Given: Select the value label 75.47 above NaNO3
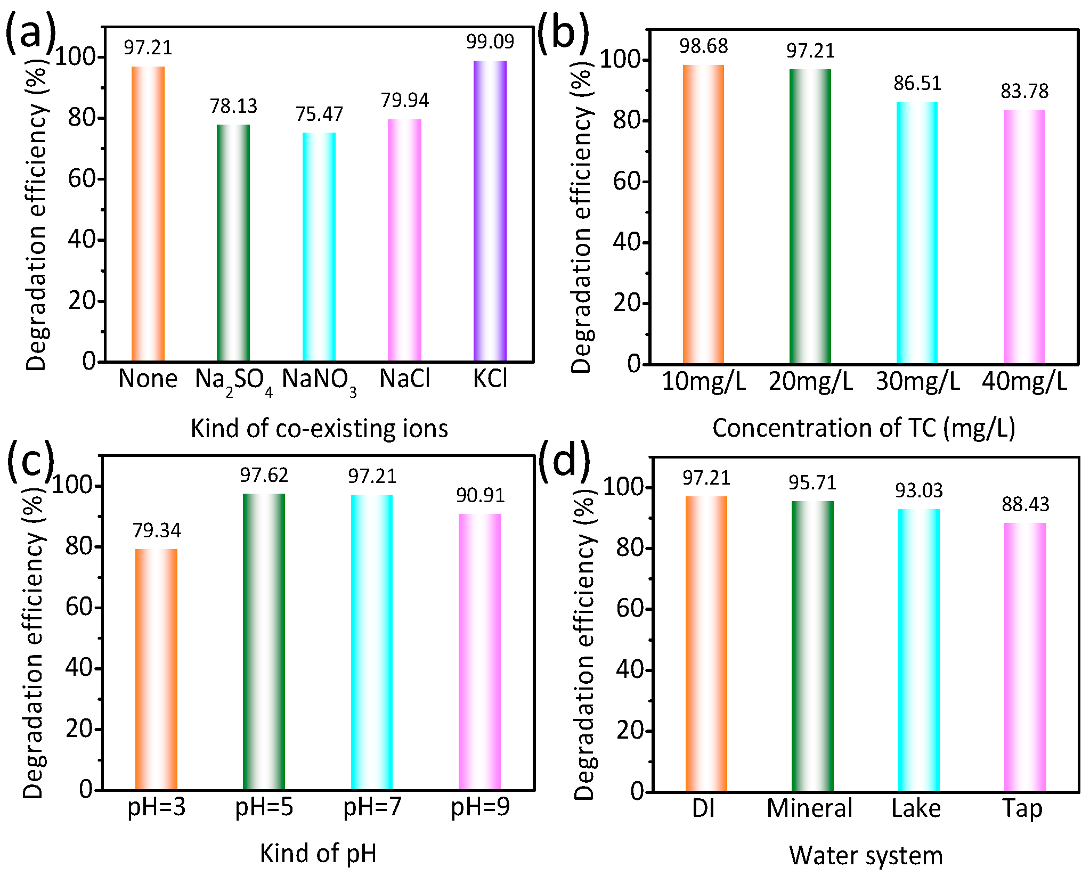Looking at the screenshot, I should click(x=319, y=114).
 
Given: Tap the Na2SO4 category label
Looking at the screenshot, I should click(x=233, y=380).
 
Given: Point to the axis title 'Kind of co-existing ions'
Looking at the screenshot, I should click(x=319, y=429).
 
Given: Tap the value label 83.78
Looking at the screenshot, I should click(x=1024, y=92).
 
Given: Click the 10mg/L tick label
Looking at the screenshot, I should click(x=703, y=382).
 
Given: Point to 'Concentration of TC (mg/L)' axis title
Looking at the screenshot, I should click(x=864, y=428).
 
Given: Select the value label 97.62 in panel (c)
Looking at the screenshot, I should click(x=264, y=475).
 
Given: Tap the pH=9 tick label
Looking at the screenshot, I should click(x=480, y=807).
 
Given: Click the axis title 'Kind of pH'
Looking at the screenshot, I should click(x=318, y=854).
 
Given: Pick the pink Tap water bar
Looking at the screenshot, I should click(x=1025, y=657).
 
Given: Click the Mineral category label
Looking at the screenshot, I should click(x=809, y=808).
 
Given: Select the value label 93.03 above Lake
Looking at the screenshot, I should click(x=918, y=490).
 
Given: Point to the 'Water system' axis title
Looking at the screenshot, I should click(x=866, y=856).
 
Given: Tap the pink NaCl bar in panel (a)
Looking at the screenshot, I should click(x=404, y=240).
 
